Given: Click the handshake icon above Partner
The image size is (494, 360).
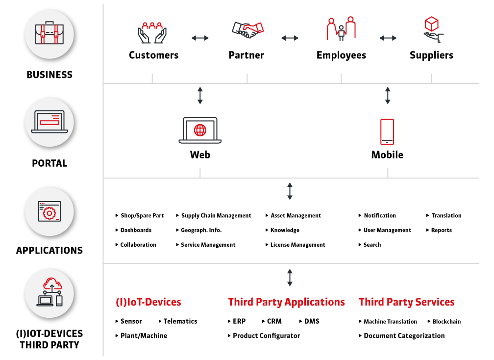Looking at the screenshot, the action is click(247, 29).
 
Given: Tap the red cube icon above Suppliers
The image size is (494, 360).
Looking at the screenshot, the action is click(431, 24).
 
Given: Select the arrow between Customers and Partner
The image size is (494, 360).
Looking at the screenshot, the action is click(200, 38).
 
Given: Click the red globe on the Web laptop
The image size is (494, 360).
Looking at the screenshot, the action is click(200, 130).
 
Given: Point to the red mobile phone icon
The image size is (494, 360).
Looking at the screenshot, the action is click(387, 132).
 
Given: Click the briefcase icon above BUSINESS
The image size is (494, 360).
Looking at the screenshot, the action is click(49, 33).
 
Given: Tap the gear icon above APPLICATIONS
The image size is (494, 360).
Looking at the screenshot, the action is click(49, 213).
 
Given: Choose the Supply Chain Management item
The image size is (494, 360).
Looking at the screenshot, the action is click(216, 216).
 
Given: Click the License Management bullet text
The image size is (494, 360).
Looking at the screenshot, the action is click(298, 245).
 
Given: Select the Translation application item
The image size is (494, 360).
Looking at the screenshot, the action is click(446, 216).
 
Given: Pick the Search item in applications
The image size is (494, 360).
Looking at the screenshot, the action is click(372, 245).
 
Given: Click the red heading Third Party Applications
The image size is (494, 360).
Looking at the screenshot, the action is click(286, 302).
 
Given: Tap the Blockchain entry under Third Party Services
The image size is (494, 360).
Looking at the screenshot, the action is click(446, 322).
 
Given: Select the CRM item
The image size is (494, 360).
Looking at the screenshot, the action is click(274, 321).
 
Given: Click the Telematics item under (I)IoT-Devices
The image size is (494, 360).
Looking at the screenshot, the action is click(180, 321).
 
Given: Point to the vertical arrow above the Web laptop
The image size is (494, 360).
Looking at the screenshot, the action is click(200, 96).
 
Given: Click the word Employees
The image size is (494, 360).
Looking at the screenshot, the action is click(341, 55).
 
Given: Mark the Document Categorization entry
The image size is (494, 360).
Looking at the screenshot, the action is click(404, 336).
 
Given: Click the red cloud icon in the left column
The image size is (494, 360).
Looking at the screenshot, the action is click(52, 283).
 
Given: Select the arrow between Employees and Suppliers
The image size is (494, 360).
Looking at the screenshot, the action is click(388, 38).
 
